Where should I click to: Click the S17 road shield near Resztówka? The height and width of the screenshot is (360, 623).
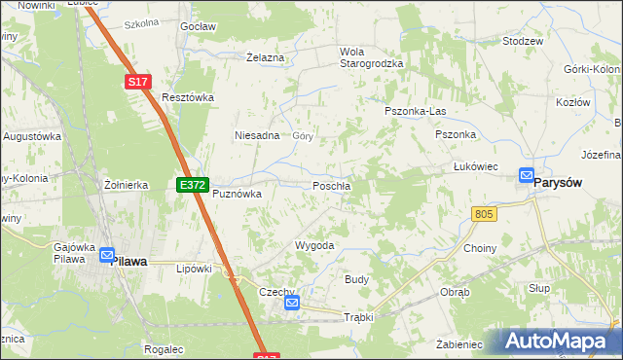138,84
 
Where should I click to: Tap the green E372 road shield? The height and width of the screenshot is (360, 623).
190,184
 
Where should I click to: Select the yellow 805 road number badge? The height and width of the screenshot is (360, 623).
484,213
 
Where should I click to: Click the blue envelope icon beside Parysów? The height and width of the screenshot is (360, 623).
527,176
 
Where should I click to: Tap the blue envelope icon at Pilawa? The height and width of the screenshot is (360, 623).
106,256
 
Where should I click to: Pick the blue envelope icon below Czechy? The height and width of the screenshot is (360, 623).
293,304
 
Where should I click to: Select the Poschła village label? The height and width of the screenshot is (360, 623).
331,186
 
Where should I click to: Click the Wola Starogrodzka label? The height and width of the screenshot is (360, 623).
370,57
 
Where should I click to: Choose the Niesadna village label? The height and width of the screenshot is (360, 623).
257,136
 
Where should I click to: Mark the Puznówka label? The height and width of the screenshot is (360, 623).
238,194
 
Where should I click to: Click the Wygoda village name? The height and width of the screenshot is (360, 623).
314,246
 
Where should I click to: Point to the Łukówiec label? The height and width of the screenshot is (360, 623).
476,166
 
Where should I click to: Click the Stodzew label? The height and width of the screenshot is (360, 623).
522,42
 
